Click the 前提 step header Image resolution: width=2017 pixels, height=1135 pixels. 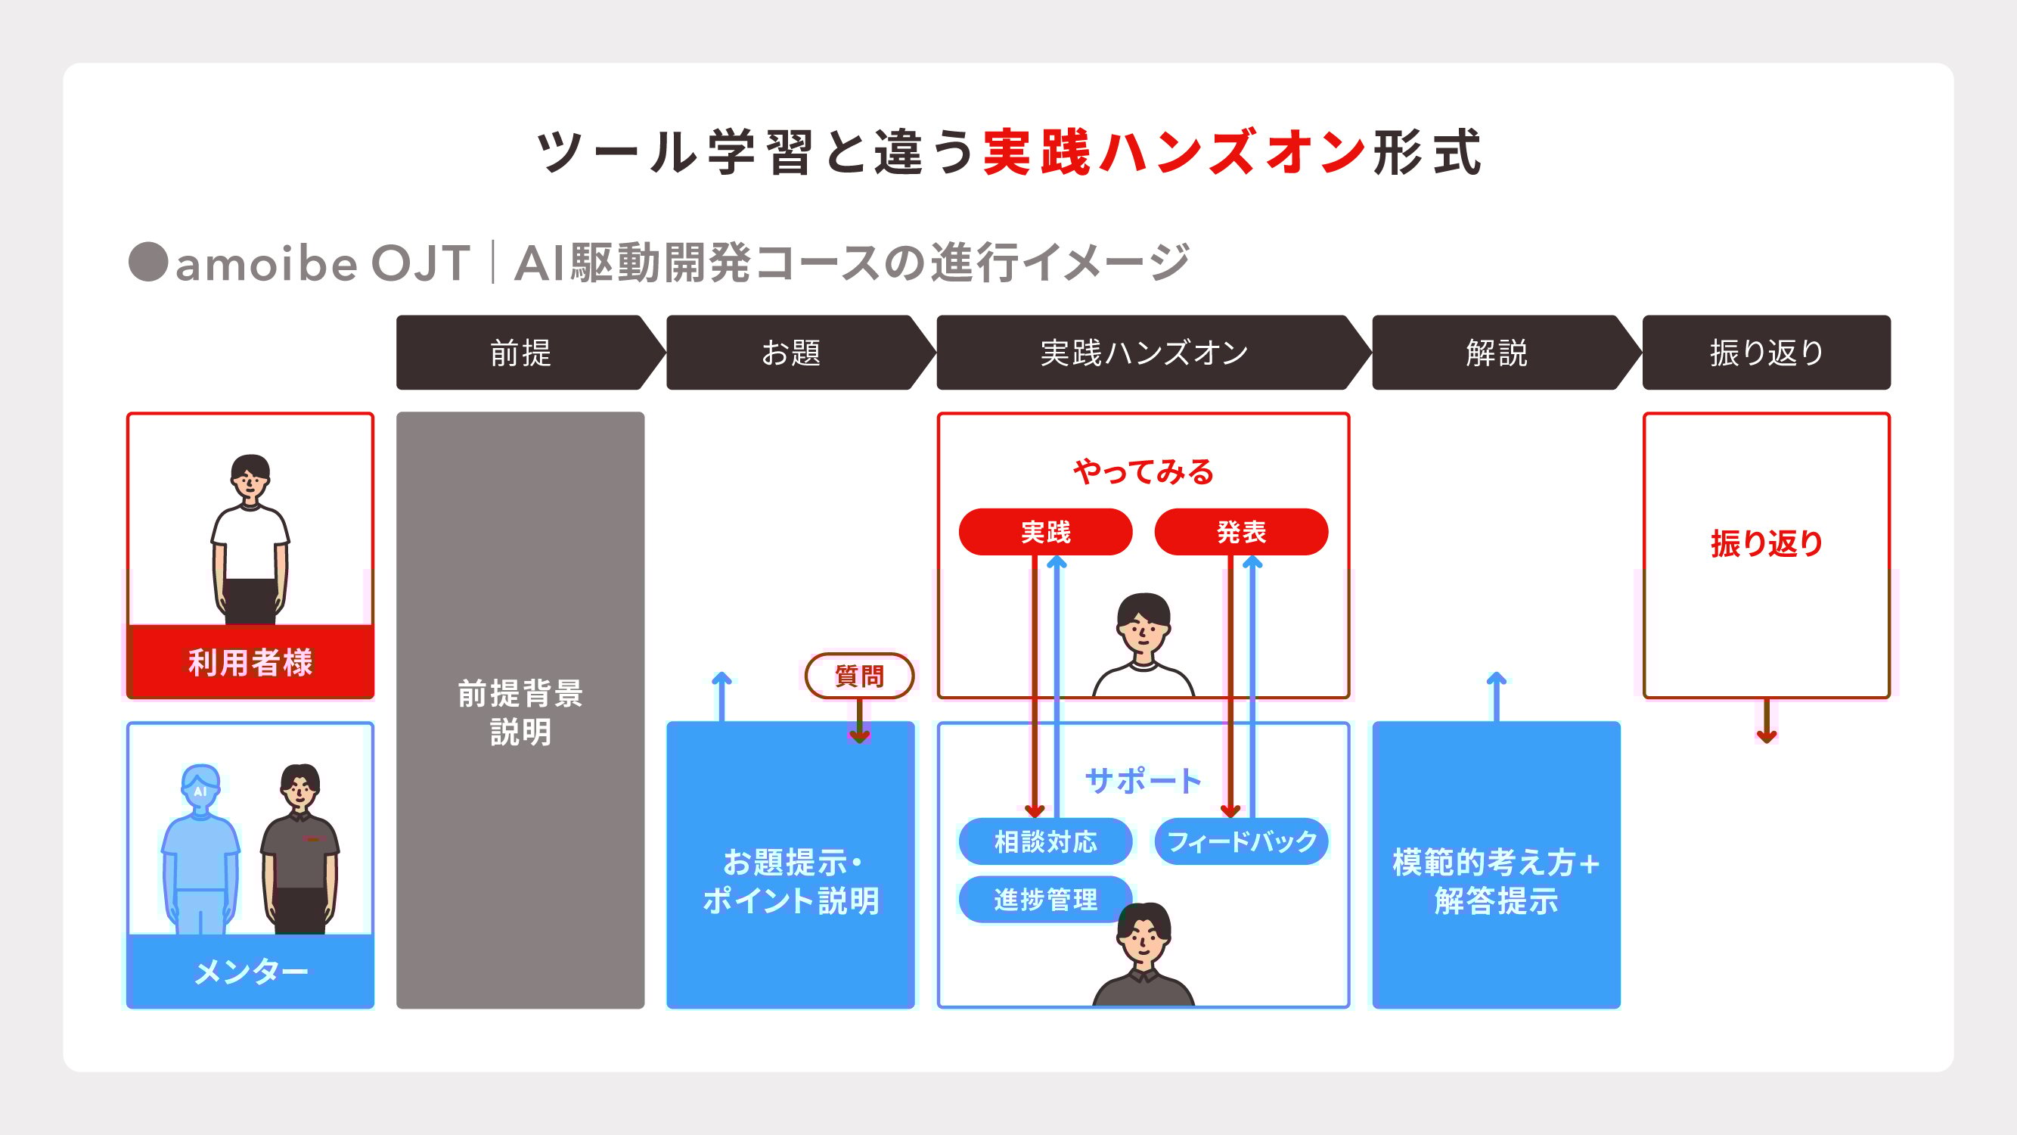pos(520,353)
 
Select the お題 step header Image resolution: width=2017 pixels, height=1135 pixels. pos(791,353)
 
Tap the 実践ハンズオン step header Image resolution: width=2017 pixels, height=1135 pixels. pos(1143,353)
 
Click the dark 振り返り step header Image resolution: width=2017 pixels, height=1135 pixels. pos(1767,353)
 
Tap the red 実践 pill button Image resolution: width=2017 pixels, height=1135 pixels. pos(1045,532)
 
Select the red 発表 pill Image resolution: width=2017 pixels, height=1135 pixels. pos(1241,532)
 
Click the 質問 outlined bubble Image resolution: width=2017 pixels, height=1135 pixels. pos(859,675)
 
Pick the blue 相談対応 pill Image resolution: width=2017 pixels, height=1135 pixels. pos(1045,842)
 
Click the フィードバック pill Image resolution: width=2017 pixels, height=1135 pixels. pos(1241,842)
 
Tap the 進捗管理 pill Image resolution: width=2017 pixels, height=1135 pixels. pos(1045,900)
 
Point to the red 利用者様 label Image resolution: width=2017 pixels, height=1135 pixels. pos(250,663)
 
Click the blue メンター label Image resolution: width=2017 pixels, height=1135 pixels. pos(250,972)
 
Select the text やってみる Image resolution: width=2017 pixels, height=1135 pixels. pos(1143,471)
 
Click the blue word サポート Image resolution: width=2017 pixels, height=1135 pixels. pos(1143,781)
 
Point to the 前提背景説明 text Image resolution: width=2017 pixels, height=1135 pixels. pos(520,713)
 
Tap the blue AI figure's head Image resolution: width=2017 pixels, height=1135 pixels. pos(200,783)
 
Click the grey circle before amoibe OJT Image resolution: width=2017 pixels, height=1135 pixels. pos(148,262)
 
